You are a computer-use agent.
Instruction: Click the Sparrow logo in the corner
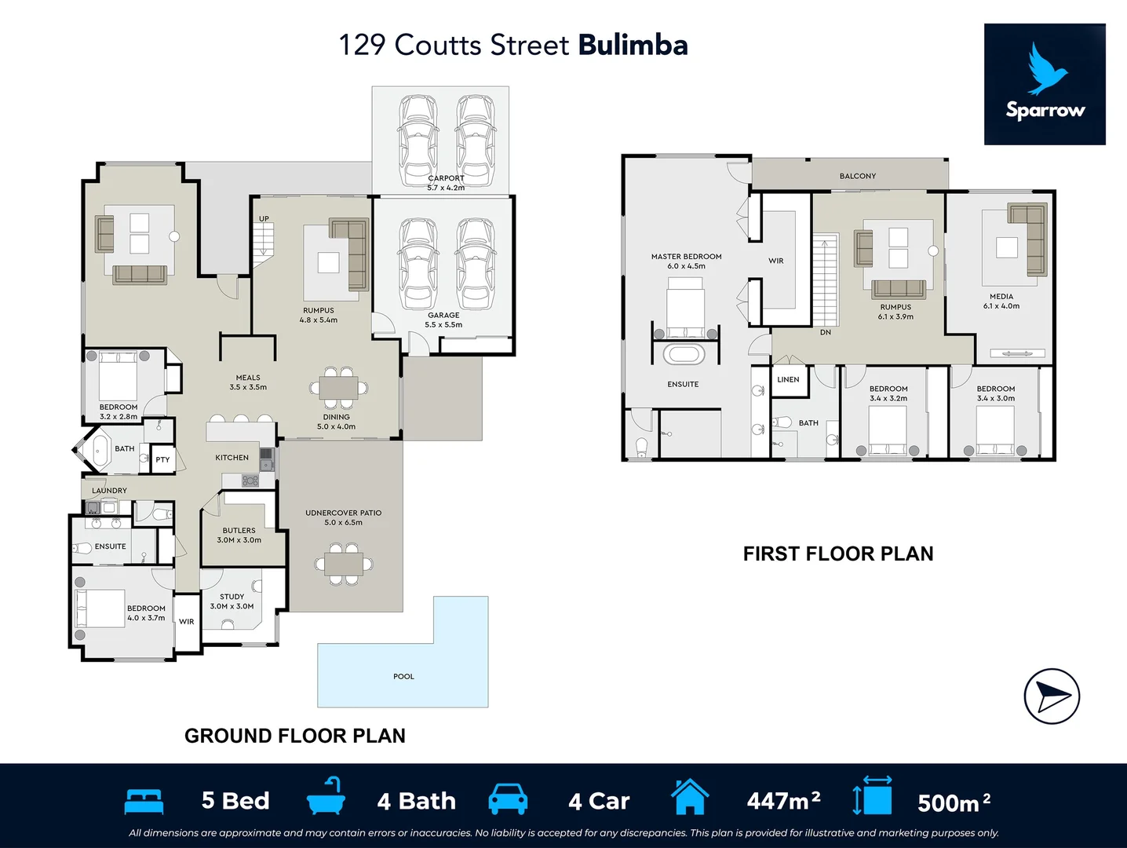[x=1045, y=84]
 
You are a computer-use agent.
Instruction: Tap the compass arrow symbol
[x=1052, y=696]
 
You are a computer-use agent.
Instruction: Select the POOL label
[x=403, y=676]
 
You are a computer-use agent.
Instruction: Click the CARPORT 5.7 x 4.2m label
[x=446, y=183]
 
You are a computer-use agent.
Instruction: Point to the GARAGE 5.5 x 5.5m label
[x=443, y=320]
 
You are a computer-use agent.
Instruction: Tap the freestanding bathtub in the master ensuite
[x=684, y=354]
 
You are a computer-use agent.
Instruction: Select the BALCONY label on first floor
[x=857, y=176]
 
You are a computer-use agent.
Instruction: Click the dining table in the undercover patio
[x=344, y=563]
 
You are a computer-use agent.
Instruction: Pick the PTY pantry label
[x=162, y=459]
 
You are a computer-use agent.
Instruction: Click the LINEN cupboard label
[x=788, y=379]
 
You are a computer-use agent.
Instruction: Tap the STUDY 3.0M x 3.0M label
[x=232, y=601]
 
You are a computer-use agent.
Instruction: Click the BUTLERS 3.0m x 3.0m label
[x=239, y=535]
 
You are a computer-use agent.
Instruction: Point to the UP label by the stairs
[x=264, y=219]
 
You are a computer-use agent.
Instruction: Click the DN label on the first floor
[x=825, y=332]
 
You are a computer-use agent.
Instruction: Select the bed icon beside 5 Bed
[x=144, y=801]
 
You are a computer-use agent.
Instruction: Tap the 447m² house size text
[x=783, y=801]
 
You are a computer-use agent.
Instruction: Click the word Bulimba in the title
[x=633, y=45]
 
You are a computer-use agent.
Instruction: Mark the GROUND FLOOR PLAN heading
[x=295, y=736]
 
